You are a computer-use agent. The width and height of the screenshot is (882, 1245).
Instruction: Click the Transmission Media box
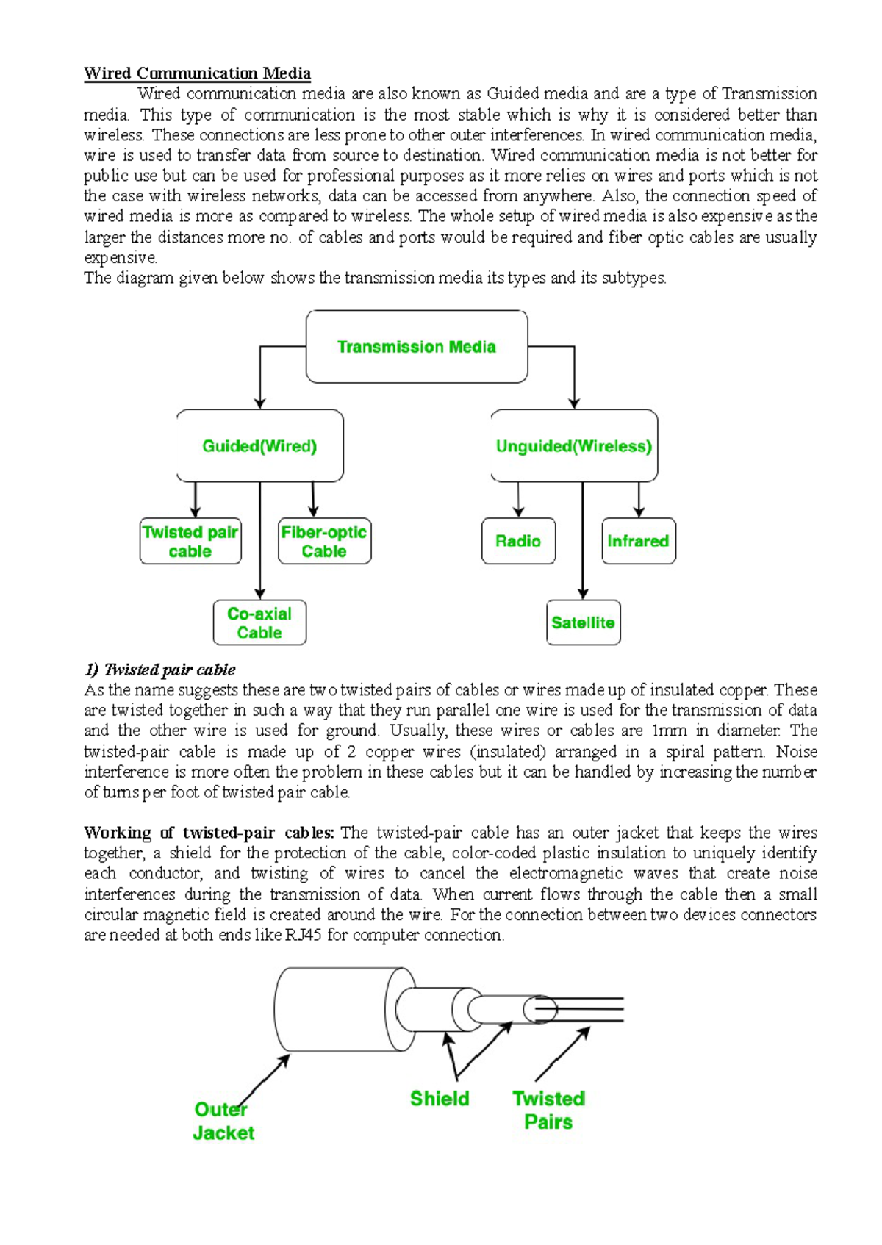(x=416, y=347)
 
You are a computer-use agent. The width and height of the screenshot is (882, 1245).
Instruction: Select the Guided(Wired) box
(x=259, y=446)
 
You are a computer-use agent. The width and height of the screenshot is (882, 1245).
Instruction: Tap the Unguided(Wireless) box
(x=573, y=446)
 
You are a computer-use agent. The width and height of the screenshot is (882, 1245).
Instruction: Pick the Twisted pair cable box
(x=190, y=542)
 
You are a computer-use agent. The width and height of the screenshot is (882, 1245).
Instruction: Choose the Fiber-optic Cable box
(x=324, y=542)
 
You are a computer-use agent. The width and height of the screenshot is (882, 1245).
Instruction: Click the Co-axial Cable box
(x=259, y=623)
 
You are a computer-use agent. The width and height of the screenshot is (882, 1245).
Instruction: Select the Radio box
(x=518, y=542)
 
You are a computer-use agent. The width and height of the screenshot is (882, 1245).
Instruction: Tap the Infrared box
(x=638, y=542)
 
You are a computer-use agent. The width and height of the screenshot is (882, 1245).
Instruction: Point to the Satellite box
(x=583, y=623)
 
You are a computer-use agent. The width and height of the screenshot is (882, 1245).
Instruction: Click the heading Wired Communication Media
(x=197, y=73)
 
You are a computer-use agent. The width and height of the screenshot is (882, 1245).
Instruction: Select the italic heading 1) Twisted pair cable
(x=160, y=670)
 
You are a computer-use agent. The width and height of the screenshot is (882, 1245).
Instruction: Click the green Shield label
(x=440, y=1099)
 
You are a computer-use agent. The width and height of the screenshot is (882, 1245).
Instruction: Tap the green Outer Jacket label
(x=223, y=1122)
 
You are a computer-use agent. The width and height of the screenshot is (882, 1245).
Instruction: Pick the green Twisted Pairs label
(x=548, y=1111)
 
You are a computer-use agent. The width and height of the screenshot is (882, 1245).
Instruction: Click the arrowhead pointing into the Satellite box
(x=583, y=595)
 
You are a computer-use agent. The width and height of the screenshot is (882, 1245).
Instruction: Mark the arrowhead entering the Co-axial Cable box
(x=259, y=595)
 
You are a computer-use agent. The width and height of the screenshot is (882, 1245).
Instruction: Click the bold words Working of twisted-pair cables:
(x=209, y=833)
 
